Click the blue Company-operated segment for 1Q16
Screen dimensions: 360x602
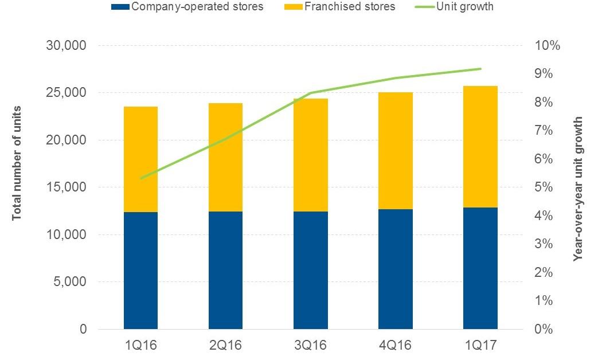click(140, 271)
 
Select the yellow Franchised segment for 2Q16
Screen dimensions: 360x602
click(225, 158)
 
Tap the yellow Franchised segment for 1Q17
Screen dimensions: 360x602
click(480, 147)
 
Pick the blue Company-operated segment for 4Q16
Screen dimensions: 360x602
click(396, 269)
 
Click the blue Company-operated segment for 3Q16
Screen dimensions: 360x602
click(311, 271)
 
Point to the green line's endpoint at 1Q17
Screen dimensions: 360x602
click(480, 69)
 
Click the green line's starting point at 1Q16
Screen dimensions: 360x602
click(141, 178)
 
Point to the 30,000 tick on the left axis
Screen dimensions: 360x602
click(67, 45)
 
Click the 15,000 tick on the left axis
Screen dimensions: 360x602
click(67, 187)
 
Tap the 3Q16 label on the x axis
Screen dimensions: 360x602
click(311, 346)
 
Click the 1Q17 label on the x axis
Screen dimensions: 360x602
click(480, 346)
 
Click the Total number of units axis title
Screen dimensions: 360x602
click(17, 163)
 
